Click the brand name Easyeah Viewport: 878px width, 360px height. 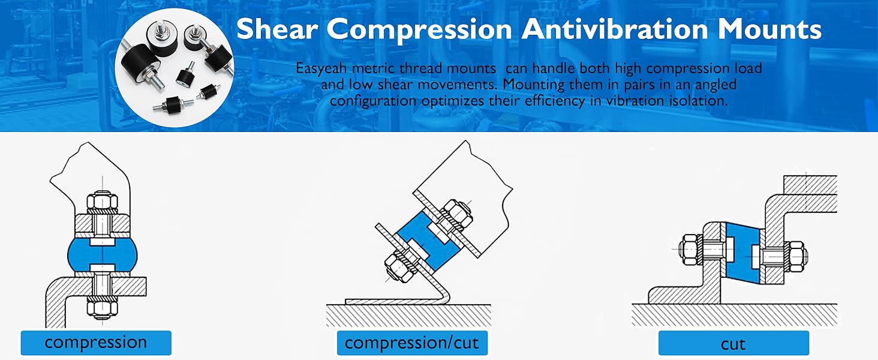[x=322, y=68]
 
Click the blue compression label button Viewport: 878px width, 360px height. [x=96, y=343]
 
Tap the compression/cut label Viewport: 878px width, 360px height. [x=411, y=343]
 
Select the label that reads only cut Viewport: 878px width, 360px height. [x=733, y=343]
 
